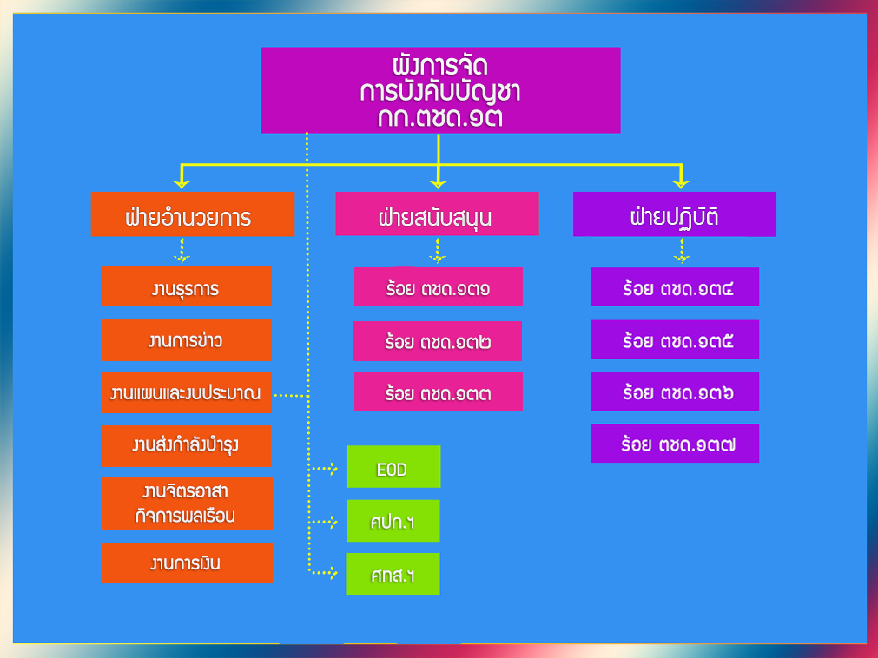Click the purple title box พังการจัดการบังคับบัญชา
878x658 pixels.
(x=440, y=90)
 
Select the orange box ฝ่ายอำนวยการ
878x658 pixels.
(x=193, y=214)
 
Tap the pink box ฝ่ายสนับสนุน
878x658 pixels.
(x=437, y=214)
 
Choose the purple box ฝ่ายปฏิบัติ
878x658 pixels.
(x=674, y=214)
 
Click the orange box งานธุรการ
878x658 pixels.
(x=186, y=286)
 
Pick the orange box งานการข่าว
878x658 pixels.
(x=187, y=340)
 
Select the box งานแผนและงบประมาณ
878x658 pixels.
(x=186, y=392)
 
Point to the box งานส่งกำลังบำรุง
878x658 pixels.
(x=186, y=445)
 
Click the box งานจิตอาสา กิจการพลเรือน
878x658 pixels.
(x=187, y=503)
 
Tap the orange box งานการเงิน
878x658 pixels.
(x=187, y=563)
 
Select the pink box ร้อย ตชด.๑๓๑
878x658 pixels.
(x=438, y=287)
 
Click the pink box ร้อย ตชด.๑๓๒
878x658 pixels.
(x=438, y=341)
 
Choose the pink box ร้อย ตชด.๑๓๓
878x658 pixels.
(x=438, y=392)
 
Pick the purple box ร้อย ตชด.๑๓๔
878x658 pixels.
(x=676, y=287)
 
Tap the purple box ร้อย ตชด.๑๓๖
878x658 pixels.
(x=676, y=392)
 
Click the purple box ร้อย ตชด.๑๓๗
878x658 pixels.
(x=676, y=444)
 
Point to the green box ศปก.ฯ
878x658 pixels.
(x=393, y=521)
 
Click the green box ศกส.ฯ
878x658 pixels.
(x=393, y=574)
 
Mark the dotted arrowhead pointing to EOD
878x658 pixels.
(x=333, y=469)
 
